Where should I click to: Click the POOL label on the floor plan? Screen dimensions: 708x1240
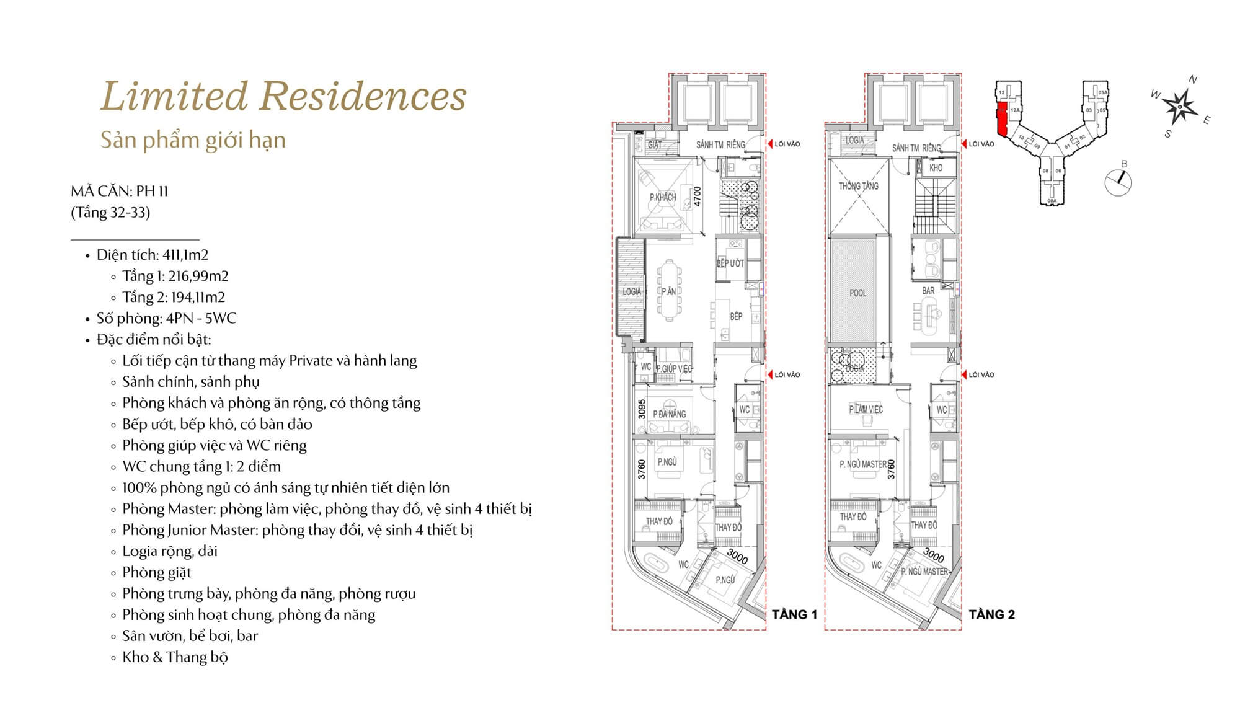click(858, 293)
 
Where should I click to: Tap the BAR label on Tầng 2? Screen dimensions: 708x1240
click(928, 290)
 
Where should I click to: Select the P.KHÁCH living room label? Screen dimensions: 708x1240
click(663, 197)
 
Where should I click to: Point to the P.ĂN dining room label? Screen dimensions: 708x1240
click(668, 291)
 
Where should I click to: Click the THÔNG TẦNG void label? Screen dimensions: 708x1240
click(859, 185)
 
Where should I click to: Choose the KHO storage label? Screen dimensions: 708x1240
click(936, 167)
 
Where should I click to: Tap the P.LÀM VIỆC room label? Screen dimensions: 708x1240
click(866, 409)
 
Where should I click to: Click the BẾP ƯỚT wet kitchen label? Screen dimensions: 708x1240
click(730, 263)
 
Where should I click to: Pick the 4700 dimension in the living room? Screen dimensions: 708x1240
click(697, 197)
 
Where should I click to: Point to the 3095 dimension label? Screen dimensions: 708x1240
click(642, 409)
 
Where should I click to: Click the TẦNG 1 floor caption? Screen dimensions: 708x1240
click(794, 614)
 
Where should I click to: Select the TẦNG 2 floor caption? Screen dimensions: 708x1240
click(992, 614)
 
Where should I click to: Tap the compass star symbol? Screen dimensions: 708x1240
click(1179, 107)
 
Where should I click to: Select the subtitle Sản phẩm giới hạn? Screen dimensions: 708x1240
click(193, 140)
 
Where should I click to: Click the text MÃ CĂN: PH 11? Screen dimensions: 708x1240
click(120, 191)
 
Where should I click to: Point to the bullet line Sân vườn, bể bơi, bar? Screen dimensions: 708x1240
click(190, 635)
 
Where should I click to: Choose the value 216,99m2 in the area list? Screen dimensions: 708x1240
click(198, 276)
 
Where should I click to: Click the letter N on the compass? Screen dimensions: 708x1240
click(1193, 79)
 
